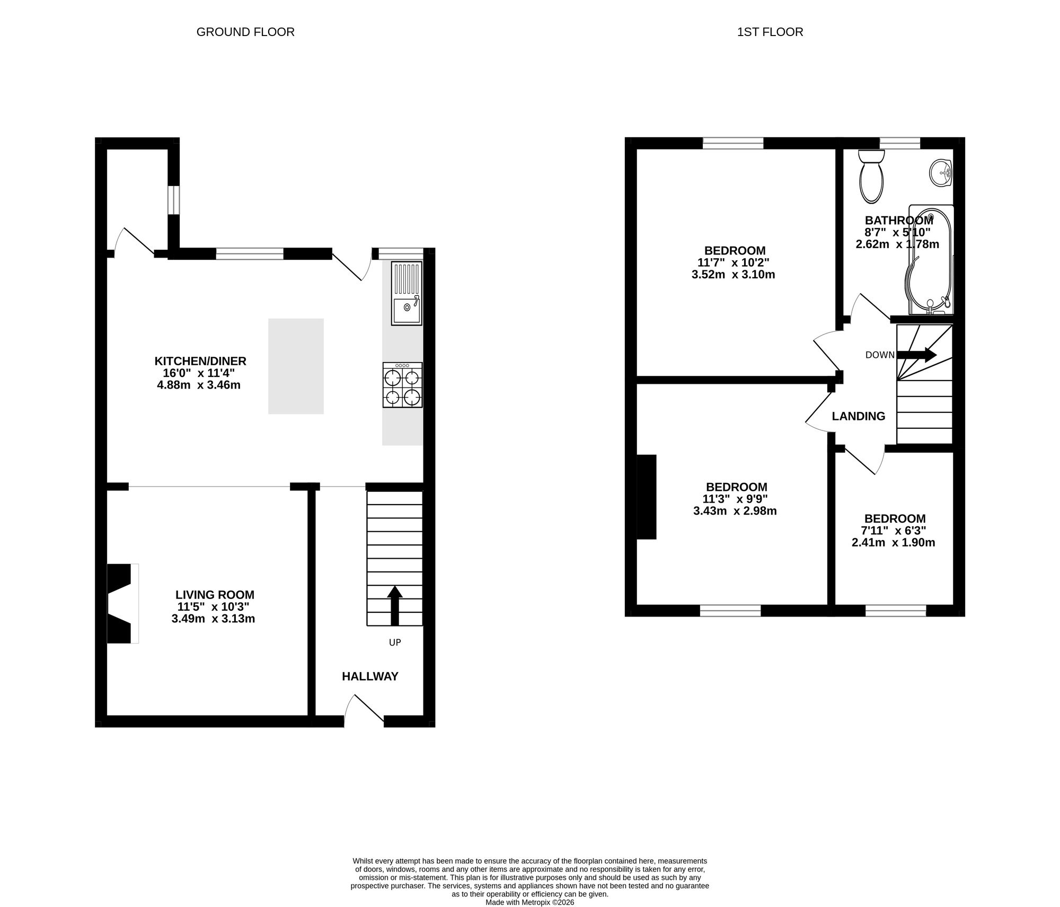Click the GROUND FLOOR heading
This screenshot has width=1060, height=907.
coord(245,32)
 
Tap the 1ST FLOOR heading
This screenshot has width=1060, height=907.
coord(770,32)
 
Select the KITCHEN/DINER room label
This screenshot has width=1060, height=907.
coord(200,361)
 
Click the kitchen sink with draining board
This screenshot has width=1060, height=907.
coord(407,293)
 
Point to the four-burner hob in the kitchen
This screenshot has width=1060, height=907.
coord(403,385)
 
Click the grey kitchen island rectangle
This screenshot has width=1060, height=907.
coord(296,366)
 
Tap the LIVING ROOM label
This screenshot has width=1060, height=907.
coord(215,595)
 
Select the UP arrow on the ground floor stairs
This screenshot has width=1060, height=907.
coord(395,605)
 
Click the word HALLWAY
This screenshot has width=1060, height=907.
coord(370,676)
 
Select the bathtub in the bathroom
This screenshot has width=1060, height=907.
coord(931,260)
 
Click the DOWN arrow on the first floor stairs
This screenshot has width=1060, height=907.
coord(916,355)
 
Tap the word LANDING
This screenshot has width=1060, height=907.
coord(859,416)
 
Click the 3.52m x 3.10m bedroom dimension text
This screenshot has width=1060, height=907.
coord(734,275)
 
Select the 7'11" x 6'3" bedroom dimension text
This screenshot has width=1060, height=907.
coord(894,531)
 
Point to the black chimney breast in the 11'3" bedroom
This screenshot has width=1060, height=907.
coord(647,497)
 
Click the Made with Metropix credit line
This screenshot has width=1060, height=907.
coord(530,902)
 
